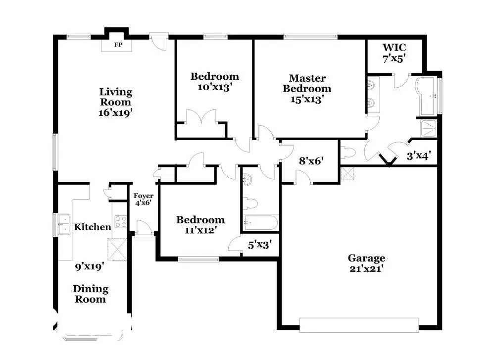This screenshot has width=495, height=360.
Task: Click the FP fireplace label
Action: [118, 45]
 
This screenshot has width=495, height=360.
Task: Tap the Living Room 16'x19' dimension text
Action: [115, 112]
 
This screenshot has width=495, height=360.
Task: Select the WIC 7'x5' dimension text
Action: [394, 58]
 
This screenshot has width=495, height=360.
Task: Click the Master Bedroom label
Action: [307, 83]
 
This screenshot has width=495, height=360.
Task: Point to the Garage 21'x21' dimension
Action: [366, 269]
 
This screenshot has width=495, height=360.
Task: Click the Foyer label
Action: [144, 196]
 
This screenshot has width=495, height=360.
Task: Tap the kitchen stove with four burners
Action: [121, 221]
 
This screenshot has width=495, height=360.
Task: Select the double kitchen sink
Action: [64, 224]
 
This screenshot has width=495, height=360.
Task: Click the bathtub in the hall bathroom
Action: [261, 223]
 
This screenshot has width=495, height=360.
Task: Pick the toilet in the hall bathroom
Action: [250, 204]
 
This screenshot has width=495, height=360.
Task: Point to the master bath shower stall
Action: [428, 129]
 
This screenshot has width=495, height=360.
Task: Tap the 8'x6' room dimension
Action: [311, 161]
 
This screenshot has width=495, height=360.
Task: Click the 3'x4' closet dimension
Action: [419, 155]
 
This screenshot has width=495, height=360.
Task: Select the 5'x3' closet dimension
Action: [260, 245]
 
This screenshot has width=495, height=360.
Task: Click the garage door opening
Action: [359, 325]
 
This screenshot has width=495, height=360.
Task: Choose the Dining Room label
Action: [91, 294]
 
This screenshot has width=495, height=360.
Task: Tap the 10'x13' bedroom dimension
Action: [215, 87]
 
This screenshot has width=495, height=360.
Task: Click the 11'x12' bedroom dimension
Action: [200, 230]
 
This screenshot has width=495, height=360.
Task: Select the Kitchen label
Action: [93, 227]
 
